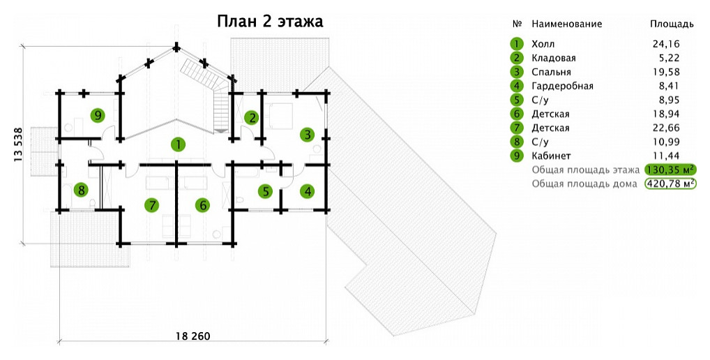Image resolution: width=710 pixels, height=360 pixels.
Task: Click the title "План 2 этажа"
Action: click(x=269, y=21)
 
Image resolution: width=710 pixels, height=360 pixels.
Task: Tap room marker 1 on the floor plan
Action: click(x=179, y=144)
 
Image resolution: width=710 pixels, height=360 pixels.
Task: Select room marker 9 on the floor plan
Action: click(x=98, y=114)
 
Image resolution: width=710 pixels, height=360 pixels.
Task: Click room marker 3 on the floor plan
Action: click(x=305, y=133)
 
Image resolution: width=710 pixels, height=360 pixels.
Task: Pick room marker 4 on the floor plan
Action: click(x=307, y=190)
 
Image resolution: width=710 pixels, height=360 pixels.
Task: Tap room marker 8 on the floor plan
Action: click(x=82, y=189)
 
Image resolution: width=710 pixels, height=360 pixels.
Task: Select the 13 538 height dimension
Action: click(x=19, y=145)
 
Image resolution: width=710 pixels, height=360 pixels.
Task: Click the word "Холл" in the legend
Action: click(x=543, y=44)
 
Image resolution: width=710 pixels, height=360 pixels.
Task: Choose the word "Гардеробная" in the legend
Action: click(x=562, y=86)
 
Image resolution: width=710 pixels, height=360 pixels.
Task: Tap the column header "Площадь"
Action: click(x=672, y=24)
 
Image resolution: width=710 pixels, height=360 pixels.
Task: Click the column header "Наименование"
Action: click(x=566, y=24)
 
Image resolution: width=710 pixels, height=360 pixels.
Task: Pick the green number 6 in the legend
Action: click(x=516, y=114)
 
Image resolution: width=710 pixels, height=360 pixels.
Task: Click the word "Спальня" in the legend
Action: click(x=551, y=72)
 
